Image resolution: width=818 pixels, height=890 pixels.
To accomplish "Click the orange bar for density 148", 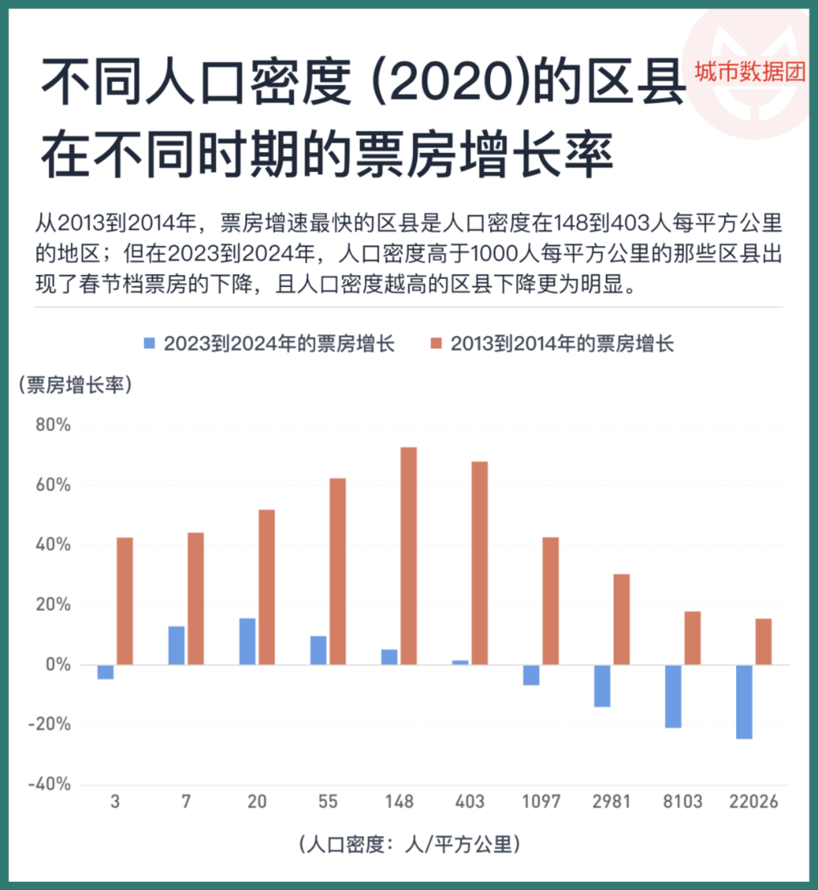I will [x=409, y=555].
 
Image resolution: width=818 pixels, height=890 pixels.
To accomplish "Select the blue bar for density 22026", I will [x=744, y=702].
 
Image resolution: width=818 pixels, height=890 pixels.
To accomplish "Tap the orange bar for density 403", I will [x=479, y=563].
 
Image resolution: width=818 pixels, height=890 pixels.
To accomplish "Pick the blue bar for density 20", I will [x=247, y=641].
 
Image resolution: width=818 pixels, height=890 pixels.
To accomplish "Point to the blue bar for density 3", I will [x=106, y=672].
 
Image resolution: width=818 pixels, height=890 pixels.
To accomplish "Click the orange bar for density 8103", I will [x=692, y=638].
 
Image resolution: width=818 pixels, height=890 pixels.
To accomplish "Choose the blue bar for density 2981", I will [x=602, y=685].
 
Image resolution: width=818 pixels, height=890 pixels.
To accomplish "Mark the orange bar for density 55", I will [x=338, y=571].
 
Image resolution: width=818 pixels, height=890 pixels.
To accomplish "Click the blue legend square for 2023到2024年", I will [x=150, y=344].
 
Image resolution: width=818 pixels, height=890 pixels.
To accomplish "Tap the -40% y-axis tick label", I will [x=50, y=784].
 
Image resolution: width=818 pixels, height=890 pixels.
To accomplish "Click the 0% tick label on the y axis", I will [x=58, y=664].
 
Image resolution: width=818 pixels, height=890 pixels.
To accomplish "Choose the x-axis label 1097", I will [x=541, y=802].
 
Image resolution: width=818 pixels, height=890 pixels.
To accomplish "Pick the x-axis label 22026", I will [x=753, y=802].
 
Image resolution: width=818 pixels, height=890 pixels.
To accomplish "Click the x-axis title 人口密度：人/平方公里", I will [x=409, y=843].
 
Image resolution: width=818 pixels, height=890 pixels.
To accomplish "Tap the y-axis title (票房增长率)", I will [x=74, y=384].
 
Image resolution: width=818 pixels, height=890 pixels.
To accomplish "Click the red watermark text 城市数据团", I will [x=749, y=72].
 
